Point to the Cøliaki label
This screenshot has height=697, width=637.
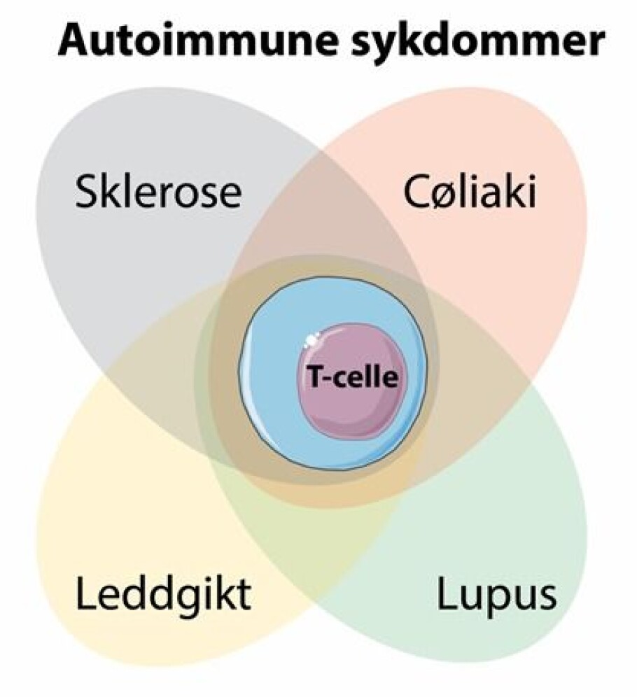click(x=469, y=192)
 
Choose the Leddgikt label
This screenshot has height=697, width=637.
click(x=162, y=597)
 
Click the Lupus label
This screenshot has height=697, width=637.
click(x=496, y=597)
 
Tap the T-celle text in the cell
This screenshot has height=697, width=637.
click(x=352, y=379)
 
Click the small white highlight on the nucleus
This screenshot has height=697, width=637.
click(x=310, y=342)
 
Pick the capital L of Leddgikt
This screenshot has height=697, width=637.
click(x=83, y=597)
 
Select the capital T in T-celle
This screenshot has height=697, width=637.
click(x=313, y=379)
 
